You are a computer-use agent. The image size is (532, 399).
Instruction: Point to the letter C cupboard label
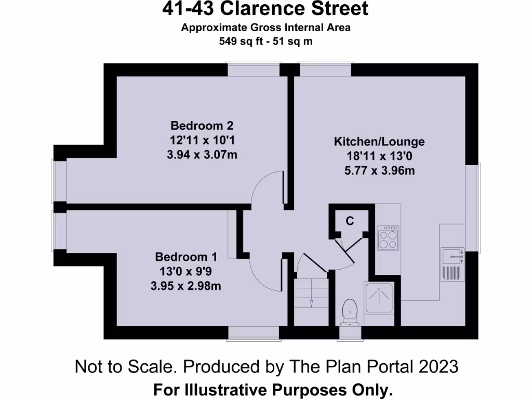(350, 221)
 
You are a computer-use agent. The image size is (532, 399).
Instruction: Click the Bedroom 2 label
(202, 126)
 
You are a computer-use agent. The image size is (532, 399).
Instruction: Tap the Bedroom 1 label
(186, 257)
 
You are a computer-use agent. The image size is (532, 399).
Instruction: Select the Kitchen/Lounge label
(379, 141)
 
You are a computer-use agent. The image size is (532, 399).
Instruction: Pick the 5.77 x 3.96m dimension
(381, 170)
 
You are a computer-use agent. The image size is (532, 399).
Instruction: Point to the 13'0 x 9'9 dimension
(185, 271)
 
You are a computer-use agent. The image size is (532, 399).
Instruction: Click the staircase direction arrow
(311, 303)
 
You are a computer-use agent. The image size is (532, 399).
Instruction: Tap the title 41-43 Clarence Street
(265, 9)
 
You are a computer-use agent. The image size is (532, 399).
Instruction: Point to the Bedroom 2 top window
(253, 69)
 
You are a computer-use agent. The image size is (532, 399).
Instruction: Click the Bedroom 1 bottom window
(254, 333)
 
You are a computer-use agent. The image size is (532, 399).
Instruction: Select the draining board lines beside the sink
(451, 272)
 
